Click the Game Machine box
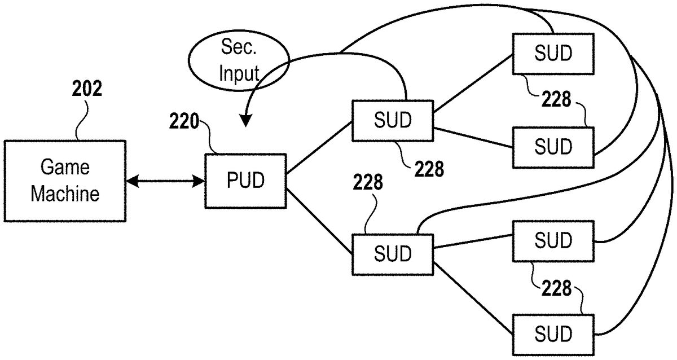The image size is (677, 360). (65, 181)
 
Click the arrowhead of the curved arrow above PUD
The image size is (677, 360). (246, 121)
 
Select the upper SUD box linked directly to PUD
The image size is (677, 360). (393, 121)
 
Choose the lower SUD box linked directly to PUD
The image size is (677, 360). (393, 253)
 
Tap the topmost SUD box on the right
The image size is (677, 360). (553, 54)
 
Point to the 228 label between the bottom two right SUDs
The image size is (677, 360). (556, 289)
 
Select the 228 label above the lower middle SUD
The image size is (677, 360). (368, 183)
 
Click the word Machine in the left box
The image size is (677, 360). (65, 194)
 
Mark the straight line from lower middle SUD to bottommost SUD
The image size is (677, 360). (473, 298)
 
